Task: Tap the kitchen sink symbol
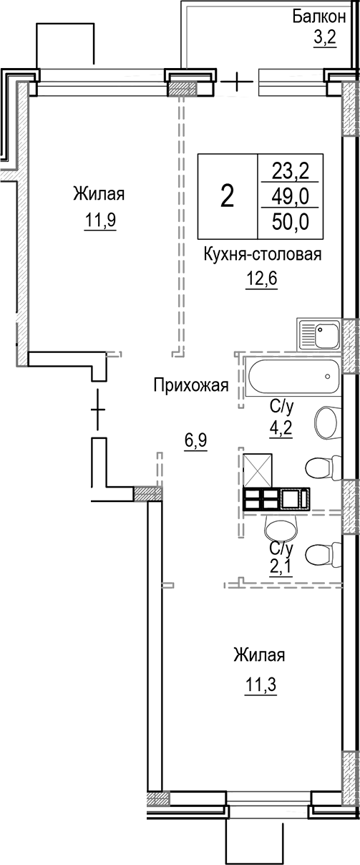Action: [x=319, y=334]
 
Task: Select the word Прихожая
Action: [x=190, y=387]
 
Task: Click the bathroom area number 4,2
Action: [x=281, y=430]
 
